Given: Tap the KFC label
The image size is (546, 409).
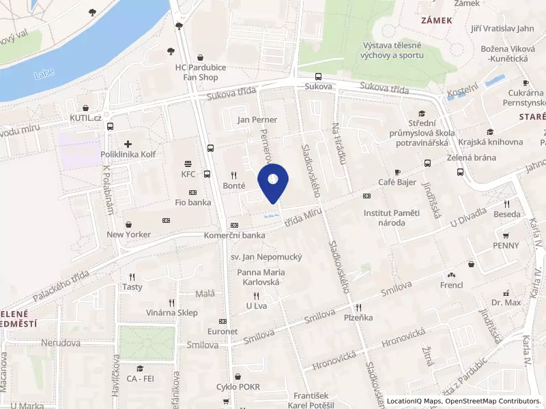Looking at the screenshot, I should pos(188,174).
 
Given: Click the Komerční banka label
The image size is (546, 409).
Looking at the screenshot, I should pos(234,235).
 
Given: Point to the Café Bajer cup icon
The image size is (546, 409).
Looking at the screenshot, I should pos(398,172).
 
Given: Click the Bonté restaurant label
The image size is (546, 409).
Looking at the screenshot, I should pos(234,185).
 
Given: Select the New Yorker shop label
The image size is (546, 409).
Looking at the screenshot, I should pos(128,234).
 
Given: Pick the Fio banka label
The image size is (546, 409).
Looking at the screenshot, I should pos(192,202).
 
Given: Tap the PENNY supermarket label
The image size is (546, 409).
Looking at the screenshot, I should pos(506,245).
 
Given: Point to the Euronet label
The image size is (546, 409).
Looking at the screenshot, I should pos(222,331).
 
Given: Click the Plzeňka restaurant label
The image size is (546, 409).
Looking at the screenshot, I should pos(358,318).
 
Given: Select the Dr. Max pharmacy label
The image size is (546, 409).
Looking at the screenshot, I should pos(506,301).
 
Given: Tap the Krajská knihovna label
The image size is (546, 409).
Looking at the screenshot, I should pos(490,142).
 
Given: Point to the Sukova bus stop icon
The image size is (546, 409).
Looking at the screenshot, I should pos(318,76).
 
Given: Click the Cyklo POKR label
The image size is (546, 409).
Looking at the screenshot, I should pos(238,387).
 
